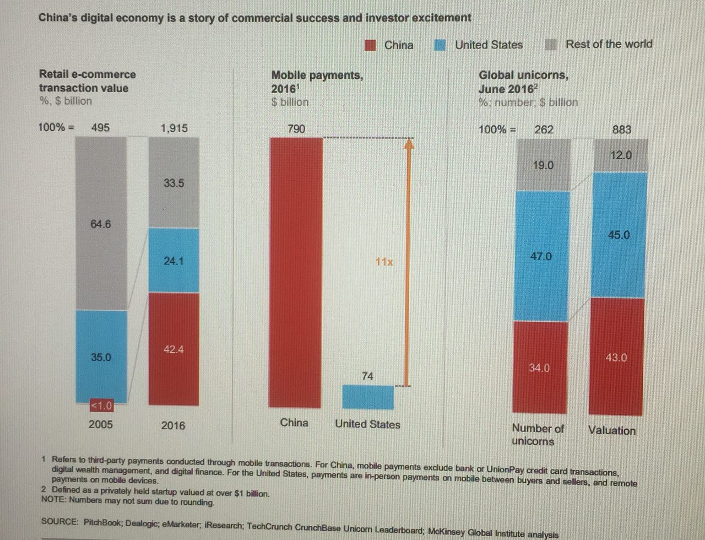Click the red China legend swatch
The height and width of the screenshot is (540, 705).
point(371,45)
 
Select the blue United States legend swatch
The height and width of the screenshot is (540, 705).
point(440,45)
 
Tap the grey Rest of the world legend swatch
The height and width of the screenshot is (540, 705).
point(551,44)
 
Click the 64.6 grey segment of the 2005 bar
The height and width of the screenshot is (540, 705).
point(101,224)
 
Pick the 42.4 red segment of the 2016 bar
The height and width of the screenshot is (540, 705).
point(173,349)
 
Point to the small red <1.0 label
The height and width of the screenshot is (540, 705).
point(101,406)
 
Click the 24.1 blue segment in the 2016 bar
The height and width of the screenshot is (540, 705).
point(173,260)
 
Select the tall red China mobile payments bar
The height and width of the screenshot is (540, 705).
point(296,273)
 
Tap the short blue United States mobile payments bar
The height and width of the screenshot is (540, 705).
point(368,397)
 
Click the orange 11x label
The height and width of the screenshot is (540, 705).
point(384,262)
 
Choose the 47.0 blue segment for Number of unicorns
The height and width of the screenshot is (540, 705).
point(541,256)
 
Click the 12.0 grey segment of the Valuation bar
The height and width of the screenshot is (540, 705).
point(621,155)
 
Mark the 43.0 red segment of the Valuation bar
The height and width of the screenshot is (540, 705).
point(616,357)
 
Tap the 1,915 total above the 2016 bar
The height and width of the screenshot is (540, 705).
point(174,128)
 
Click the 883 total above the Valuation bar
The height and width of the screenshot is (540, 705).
point(622,129)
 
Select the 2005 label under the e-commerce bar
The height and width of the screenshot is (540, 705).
point(100,424)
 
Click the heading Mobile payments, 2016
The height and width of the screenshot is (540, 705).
point(317,82)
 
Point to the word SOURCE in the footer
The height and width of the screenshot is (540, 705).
point(59,521)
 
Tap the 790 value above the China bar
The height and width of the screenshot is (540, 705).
point(296,129)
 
